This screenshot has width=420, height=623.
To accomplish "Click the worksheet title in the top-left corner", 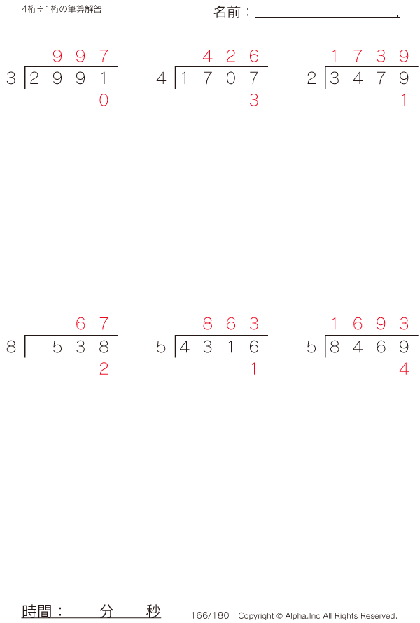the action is tap(62, 9).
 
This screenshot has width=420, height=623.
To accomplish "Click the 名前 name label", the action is tap(227, 12).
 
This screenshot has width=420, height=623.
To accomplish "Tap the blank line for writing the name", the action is tap(327, 17).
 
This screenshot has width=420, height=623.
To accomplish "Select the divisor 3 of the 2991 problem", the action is tap(11, 78).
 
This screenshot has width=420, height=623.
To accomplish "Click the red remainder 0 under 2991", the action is tap(104, 100).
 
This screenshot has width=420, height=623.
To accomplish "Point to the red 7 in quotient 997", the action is tap(104, 56).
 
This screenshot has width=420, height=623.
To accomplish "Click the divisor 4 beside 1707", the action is tap(161, 78).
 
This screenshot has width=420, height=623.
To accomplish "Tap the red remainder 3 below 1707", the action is tap(253, 100).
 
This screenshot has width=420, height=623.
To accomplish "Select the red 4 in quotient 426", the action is tap(208, 56).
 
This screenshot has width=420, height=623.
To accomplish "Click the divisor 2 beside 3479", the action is tap(311, 78).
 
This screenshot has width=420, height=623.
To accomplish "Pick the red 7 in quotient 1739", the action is tap(358, 56).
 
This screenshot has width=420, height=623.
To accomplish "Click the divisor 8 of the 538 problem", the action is tap(11, 347).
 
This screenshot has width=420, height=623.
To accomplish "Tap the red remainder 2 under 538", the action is tap(104, 369).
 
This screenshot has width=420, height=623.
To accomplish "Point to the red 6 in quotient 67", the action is tap(80, 324).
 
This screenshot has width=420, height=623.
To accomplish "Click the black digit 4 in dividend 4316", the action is tap(184, 347).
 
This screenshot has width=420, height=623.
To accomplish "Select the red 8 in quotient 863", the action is tap(208, 324).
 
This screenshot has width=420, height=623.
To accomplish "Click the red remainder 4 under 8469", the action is tap(404, 369).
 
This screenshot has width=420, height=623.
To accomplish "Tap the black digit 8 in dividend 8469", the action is tap(335, 347).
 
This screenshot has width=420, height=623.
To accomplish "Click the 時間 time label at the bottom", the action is tap(36, 611).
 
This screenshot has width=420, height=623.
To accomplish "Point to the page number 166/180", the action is tap(210, 615).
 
